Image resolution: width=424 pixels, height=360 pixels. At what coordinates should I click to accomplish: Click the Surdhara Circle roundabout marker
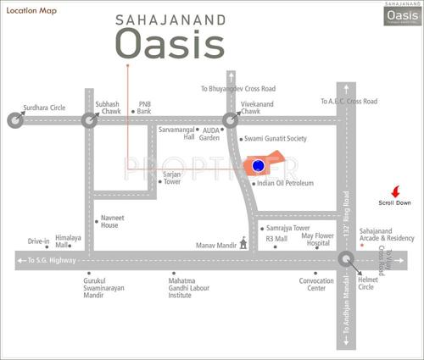(14, 120)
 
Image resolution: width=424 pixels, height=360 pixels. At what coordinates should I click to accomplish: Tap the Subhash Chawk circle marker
(90, 120)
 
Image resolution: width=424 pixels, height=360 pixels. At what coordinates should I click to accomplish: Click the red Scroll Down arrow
(394, 191)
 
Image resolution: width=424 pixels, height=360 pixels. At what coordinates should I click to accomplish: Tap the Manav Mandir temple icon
(244, 243)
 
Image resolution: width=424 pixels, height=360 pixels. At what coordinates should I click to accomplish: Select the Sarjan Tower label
(172, 178)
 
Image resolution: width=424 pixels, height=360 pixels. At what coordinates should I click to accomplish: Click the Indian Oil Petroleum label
(285, 183)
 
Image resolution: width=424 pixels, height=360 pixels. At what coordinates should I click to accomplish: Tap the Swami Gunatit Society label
(275, 138)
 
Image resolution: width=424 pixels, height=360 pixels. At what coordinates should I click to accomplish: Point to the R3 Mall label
(277, 240)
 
